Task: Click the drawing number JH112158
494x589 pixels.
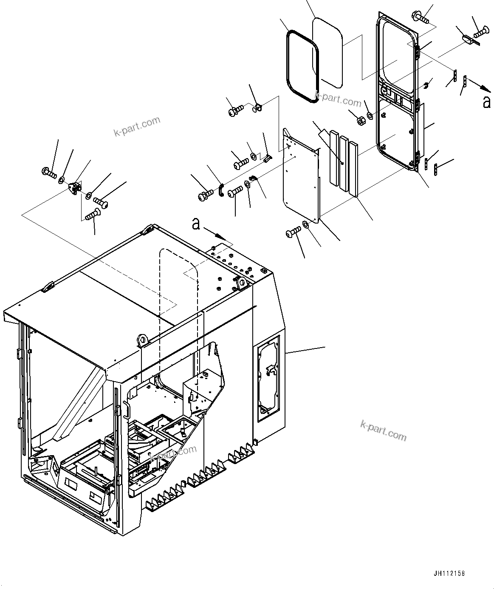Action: (x=449, y=574)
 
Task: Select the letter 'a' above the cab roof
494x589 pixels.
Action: (x=196, y=224)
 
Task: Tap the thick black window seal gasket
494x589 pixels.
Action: (x=303, y=66)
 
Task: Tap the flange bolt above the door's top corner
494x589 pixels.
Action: (x=420, y=17)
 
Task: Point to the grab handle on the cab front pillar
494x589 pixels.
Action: (x=126, y=411)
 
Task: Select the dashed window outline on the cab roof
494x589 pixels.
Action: (x=178, y=297)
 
